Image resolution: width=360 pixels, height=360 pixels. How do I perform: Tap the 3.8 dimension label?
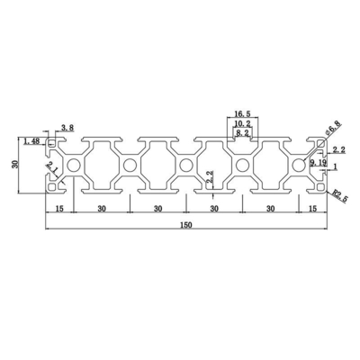point(66,128)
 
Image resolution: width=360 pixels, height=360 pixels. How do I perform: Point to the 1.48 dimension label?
point(32,140)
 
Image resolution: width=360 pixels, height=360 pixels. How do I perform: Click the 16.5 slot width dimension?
point(242,114)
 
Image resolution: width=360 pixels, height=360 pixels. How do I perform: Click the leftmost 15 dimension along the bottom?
point(58,210)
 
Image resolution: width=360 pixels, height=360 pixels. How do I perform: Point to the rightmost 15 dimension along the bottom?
point(311,210)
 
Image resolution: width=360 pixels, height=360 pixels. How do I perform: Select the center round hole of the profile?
point(185,165)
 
